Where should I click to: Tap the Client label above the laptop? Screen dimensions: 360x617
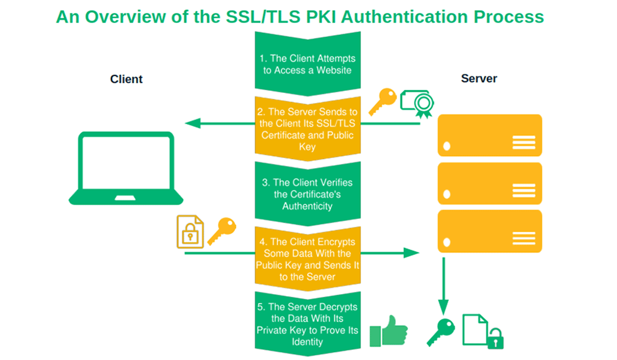click(127, 79)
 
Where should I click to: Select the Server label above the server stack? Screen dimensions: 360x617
click(479, 78)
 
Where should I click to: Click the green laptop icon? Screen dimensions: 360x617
click(127, 168)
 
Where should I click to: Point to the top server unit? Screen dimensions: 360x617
click(489, 136)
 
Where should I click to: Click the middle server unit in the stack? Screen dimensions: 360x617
click(489, 183)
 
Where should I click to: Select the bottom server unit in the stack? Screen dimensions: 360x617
click(489, 231)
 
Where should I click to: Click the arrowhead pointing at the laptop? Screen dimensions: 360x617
click(192, 124)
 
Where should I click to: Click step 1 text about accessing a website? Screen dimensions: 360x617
click(307, 64)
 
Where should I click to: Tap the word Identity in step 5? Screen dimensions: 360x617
click(307, 342)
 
